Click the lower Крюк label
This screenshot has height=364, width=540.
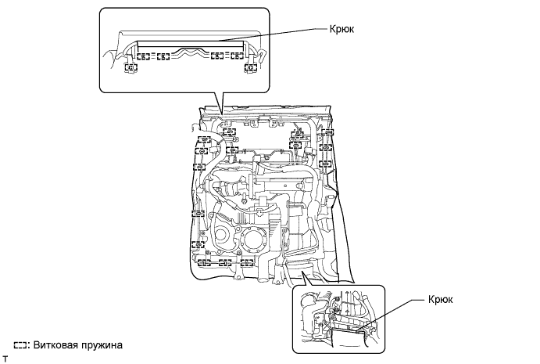coord(441,299)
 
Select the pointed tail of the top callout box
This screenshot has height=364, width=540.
coord(222,110)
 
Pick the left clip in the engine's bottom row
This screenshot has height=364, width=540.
coord(201,262)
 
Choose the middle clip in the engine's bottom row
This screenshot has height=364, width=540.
coord(225,262)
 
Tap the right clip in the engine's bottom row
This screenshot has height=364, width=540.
coord(248,262)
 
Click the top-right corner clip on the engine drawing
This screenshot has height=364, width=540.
coord(327,146)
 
